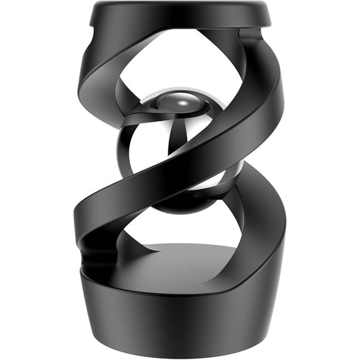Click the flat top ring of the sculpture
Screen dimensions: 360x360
(x=182, y=14)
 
